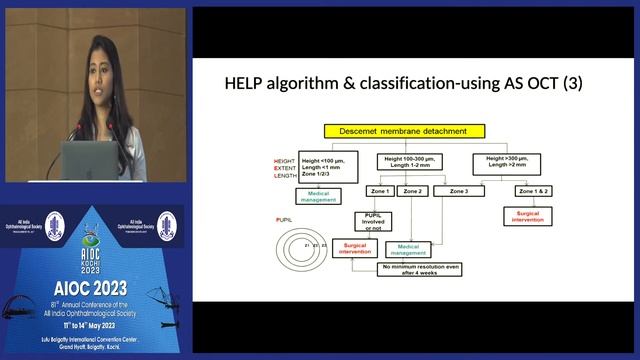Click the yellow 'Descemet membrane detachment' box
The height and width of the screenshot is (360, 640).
coord(403,130)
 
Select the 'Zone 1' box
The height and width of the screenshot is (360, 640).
coord(379,190)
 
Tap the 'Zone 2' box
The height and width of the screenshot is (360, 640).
coord(414,190)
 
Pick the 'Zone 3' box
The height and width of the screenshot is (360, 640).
coord(459,190)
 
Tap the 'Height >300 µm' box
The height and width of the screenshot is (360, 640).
coord(512,160)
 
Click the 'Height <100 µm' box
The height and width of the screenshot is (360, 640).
coord(327,166)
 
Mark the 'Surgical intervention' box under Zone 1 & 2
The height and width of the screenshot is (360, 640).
coord(530,216)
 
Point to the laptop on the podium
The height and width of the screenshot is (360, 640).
coord(90,159)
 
